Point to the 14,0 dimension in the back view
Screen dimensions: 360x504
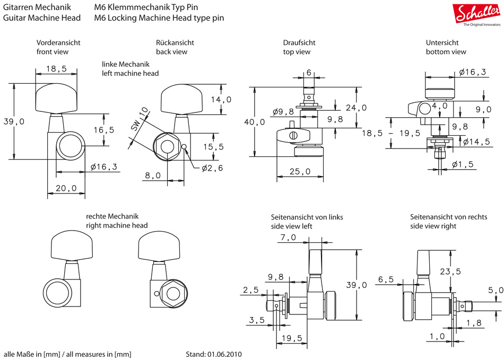[221, 100]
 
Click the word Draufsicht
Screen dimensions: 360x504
[300, 42]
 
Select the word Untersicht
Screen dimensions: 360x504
[442, 42]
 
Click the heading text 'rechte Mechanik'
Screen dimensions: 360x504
[112, 216]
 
